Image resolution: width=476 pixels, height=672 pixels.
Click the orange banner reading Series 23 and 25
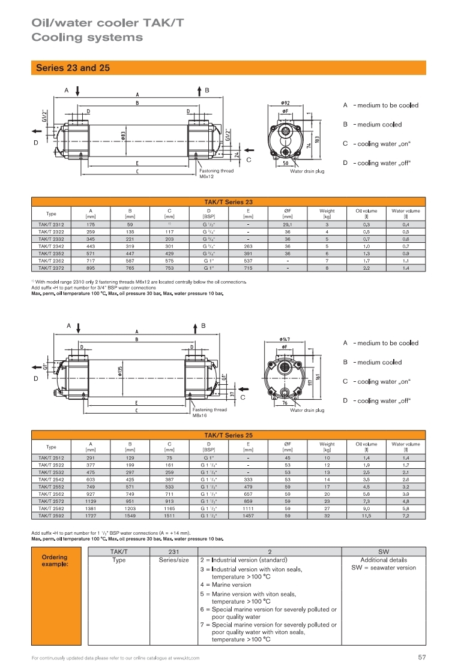228,68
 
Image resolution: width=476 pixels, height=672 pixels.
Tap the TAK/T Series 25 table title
228,435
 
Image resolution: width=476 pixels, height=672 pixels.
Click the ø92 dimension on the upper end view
286,103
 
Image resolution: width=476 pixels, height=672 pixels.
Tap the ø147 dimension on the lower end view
286,339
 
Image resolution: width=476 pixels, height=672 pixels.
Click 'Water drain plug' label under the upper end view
307,171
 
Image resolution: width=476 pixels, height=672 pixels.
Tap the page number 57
421,658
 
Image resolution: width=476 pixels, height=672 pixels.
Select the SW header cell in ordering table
384,551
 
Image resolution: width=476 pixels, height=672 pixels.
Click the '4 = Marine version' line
226,584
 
